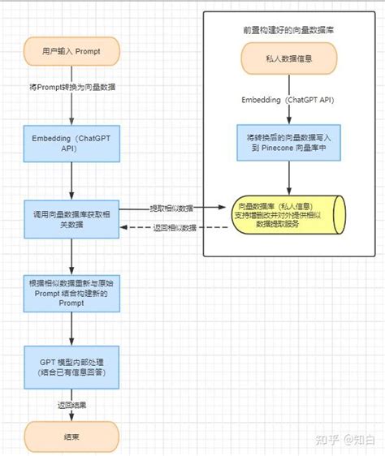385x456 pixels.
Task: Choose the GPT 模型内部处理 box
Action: click(x=71, y=365)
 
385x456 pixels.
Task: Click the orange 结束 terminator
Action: click(x=71, y=436)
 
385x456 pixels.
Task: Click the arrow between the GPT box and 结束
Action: click(x=71, y=414)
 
